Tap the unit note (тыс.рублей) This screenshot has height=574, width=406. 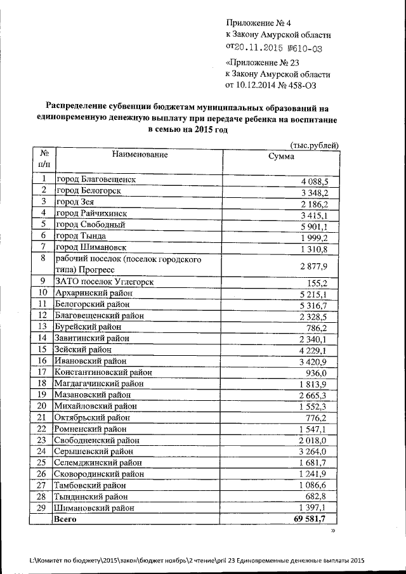(313, 145)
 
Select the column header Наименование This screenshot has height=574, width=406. (140, 155)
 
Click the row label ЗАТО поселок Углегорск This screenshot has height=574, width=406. (105, 282)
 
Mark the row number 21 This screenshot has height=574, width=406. (43, 417)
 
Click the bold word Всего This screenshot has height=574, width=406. (67, 519)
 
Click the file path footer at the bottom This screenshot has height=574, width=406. (198, 560)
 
